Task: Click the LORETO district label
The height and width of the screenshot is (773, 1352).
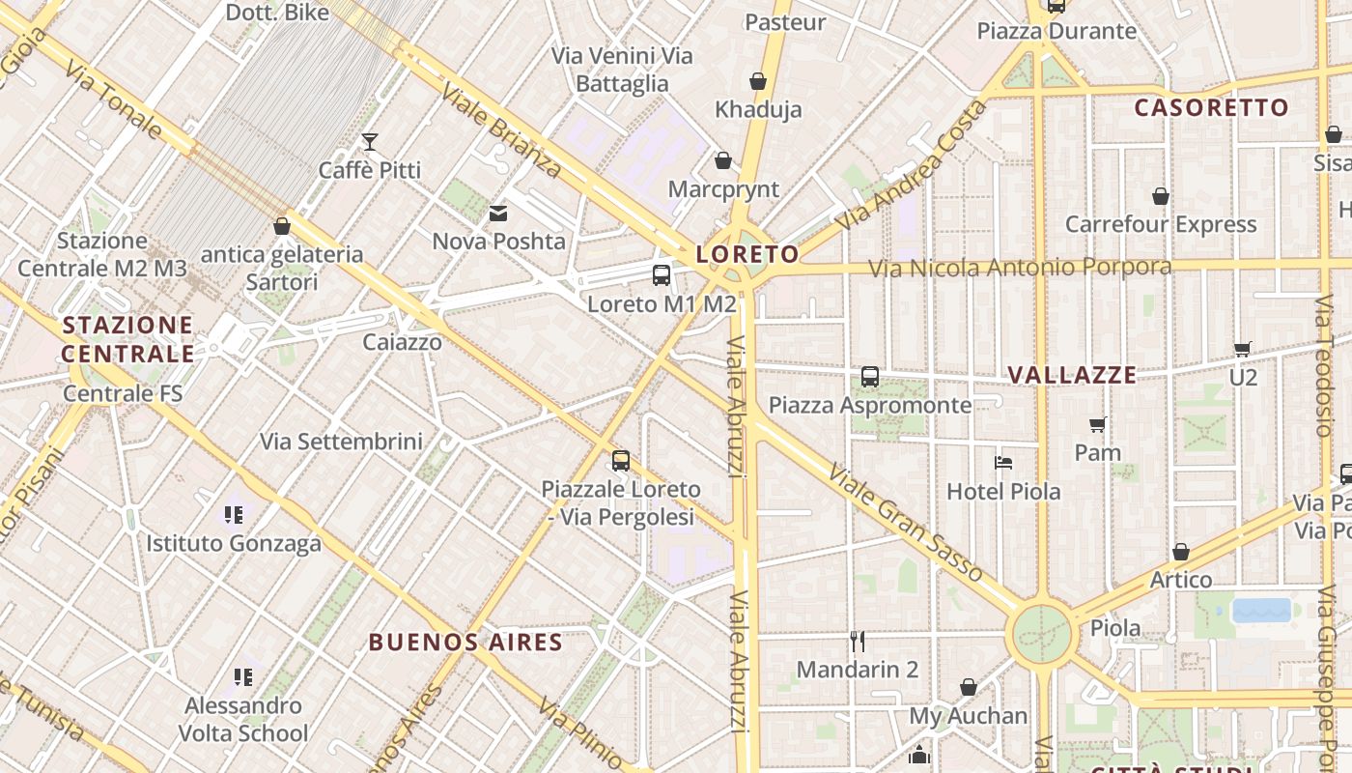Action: pos(747,255)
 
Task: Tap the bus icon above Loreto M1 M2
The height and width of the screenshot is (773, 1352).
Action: pos(662,275)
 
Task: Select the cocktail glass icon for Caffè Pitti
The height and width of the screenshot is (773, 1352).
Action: pos(370,142)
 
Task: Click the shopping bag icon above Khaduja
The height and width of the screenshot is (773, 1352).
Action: pos(758,81)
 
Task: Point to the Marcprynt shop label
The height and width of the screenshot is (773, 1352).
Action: pos(723,188)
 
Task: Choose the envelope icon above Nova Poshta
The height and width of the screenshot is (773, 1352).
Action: pos(498,214)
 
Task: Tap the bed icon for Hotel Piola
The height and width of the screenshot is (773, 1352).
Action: pos(1003,463)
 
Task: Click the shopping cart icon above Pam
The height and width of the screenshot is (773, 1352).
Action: pos(1098,424)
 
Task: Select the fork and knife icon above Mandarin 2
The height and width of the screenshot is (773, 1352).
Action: pos(857,641)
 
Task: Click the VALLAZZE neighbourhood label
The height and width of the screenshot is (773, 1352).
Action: pos(1072,375)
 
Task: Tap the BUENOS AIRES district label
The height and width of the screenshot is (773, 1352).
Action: pos(465,643)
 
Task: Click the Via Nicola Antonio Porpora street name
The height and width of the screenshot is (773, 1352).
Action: pos(1020,268)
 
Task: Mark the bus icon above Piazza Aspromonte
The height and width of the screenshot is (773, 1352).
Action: pos(870,377)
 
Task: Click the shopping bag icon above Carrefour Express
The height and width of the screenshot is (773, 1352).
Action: pos(1161,197)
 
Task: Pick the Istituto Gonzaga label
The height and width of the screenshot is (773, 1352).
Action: pos(234,544)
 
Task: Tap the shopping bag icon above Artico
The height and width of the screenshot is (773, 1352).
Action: pos(1180,553)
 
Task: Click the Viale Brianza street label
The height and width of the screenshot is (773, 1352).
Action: pos(501,132)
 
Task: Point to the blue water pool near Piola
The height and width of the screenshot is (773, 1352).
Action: pos(1261,610)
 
